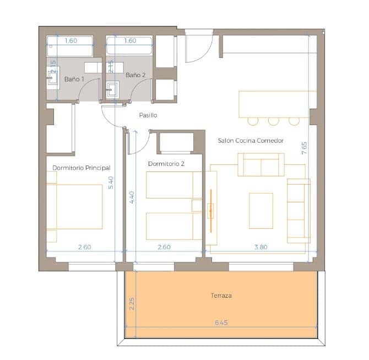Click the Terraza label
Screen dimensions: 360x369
click(x=221, y=295)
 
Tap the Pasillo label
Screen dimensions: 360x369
click(x=148, y=115)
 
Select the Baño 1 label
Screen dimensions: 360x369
click(x=74, y=79)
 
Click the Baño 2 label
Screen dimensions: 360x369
click(x=135, y=75)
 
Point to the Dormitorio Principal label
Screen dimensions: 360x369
click(x=82, y=168)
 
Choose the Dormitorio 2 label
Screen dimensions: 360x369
click(x=166, y=164)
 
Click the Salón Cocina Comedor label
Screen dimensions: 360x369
click(x=251, y=141)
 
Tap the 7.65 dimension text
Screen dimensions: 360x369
click(x=304, y=148)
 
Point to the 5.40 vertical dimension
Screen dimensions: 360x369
click(x=111, y=182)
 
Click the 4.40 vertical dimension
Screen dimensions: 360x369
click(x=132, y=197)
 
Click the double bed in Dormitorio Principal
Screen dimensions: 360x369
click(x=76, y=206)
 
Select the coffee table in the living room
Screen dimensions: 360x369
click(x=261, y=210)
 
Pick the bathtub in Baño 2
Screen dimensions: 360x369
click(x=129, y=47)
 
